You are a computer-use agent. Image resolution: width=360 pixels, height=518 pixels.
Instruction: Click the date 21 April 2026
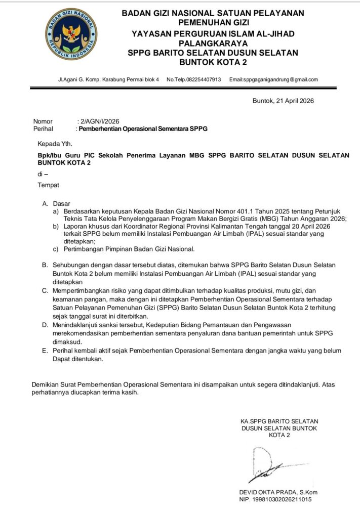(x=293, y=101)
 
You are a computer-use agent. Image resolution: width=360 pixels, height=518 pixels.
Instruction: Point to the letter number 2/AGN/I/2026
(x=99, y=121)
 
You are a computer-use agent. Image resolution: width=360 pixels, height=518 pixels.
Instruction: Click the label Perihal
(x=43, y=129)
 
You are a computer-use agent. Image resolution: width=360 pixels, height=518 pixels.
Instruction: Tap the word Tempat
(x=48, y=185)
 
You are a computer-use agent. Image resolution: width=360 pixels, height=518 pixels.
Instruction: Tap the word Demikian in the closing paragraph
(x=45, y=384)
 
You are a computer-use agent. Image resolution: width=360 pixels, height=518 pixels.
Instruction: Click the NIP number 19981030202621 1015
(x=283, y=500)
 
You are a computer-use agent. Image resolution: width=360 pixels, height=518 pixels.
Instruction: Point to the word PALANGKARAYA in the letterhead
(x=213, y=44)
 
